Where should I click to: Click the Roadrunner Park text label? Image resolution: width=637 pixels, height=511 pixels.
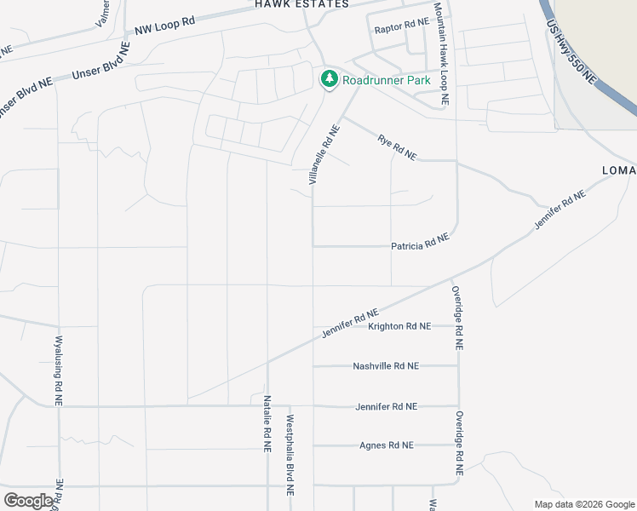[x=386, y=80]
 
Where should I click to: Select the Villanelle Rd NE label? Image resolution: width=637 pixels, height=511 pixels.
[x=324, y=156]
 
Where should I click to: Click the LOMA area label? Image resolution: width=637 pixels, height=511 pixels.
[x=619, y=170]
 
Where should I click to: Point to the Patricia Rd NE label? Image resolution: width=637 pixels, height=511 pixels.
[x=419, y=244]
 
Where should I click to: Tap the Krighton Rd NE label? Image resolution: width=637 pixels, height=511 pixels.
[x=399, y=326]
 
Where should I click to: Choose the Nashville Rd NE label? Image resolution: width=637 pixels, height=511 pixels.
[x=386, y=366]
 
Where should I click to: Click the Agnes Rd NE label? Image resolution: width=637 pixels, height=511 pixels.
[x=386, y=445]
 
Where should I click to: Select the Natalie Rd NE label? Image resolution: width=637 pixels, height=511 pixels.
[x=267, y=422]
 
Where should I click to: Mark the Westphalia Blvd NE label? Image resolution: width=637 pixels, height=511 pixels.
[x=290, y=456]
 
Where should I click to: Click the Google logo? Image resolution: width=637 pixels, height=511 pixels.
[x=28, y=501]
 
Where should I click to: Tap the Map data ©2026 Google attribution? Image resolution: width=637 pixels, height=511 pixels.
[x=583, y=504]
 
